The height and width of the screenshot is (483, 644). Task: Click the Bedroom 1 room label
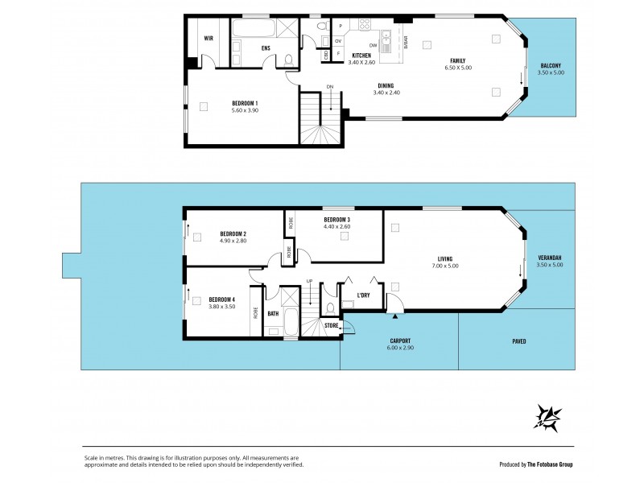tap(245, 102)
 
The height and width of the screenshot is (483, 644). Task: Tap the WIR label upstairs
tap(208, 38)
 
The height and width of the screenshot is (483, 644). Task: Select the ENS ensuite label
tap(266, 48)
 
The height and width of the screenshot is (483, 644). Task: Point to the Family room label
tap(457, 60)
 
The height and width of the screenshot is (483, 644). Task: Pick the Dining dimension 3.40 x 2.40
tap(386, 93)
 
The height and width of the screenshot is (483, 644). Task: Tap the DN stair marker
tap(329, 86)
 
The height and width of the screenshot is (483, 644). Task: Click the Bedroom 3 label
tap(337, 220)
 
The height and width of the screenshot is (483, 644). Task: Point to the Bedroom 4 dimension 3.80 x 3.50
tap(221, 307)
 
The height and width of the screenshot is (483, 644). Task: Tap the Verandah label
tap(550, 258)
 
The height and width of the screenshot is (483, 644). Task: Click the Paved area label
tap(519, 341)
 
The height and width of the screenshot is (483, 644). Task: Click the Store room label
tap(331, 326)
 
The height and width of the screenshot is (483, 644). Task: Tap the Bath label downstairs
tap(273, 314)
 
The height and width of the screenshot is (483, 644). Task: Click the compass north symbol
tap(547, 417)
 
